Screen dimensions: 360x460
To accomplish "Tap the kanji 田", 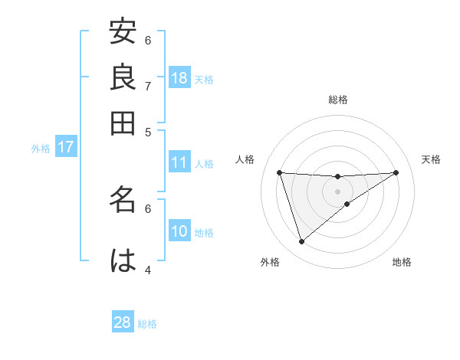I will [123, 122].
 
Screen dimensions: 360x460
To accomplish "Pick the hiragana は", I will [123, 260].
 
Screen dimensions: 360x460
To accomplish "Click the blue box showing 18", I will [179, 78].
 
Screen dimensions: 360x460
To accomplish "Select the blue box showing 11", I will [179, 162].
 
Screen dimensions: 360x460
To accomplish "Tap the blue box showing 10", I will [179, 231].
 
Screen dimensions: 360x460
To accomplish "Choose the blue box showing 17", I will [65, 147].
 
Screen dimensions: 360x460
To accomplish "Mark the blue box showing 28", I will [123, 322].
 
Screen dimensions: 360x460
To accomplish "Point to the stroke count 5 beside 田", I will [148, 132].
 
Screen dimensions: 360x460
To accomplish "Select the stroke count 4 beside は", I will [148, 270].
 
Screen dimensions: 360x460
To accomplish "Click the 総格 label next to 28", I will [147, 324].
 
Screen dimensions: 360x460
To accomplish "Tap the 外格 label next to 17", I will [41, 149].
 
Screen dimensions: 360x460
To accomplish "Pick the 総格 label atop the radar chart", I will [338, 100].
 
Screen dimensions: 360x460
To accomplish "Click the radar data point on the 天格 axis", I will [396, 172].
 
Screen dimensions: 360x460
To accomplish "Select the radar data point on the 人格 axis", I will [280, 172].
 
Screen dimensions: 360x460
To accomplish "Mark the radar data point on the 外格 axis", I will [301, 242].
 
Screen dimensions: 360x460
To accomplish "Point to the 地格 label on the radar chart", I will [402, 263].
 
